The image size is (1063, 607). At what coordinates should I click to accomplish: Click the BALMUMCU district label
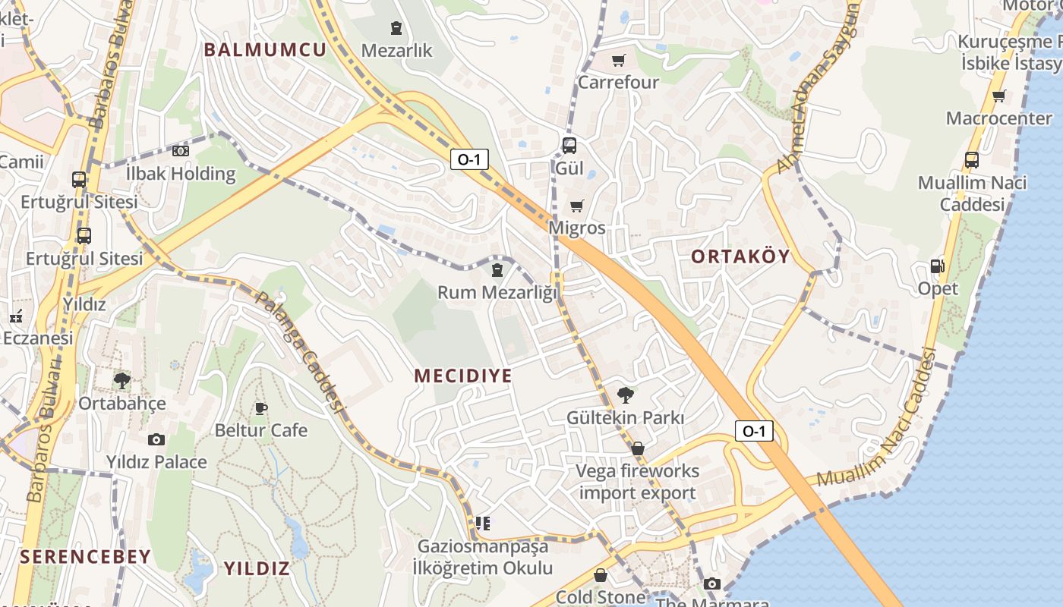click(265, 50)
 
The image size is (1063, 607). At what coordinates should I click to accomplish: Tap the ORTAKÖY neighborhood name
click(741, 256)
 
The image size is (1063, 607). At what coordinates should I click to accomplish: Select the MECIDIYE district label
click(463, 376)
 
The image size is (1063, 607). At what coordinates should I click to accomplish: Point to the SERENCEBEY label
click(86, 557)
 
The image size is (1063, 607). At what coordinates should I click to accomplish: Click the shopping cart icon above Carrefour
click(619, 60)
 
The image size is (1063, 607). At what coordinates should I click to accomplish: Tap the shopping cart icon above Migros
click(577, 206)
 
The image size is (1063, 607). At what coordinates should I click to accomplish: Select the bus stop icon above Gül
click(569, 146)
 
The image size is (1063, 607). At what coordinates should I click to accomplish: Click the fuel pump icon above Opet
click(938, 266)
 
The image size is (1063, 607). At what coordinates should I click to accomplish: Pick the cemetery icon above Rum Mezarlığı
click(497, 269)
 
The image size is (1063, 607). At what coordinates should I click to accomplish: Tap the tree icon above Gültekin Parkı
click(626, 395)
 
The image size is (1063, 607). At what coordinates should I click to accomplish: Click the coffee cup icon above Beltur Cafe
click(261, 409)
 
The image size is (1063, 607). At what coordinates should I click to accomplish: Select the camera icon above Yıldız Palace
click(156, 439)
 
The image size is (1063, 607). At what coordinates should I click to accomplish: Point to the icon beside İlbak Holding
click(181, 151)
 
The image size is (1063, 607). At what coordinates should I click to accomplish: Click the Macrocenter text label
click(999, 118)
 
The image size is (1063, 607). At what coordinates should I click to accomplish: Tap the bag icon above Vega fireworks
click(638, 448)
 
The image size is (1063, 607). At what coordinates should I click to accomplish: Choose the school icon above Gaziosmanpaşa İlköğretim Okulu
click(483, 523)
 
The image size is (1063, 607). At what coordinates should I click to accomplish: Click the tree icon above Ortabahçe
click(121, 380)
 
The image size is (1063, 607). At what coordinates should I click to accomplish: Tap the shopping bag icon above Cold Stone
click(601, 575)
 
